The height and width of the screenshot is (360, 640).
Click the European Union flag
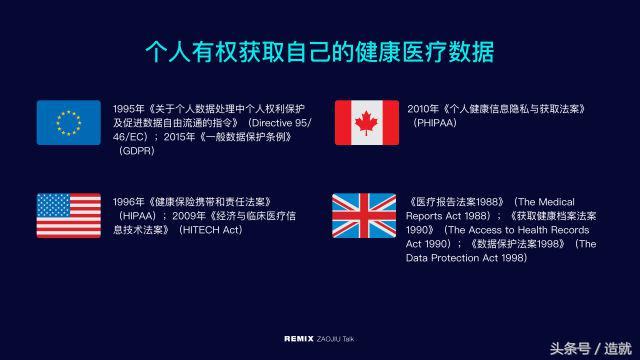coord(68,123)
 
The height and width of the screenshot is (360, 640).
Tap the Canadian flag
coord(367,123)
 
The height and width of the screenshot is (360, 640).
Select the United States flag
coord(68,215)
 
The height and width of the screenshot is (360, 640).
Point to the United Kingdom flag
coord(367,215)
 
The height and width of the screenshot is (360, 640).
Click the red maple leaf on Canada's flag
coord(367,123)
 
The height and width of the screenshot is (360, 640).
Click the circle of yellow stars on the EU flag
coord(68,123)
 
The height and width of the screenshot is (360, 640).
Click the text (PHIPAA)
coord(435,122)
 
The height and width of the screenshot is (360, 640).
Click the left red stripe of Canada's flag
coord(343,123)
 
